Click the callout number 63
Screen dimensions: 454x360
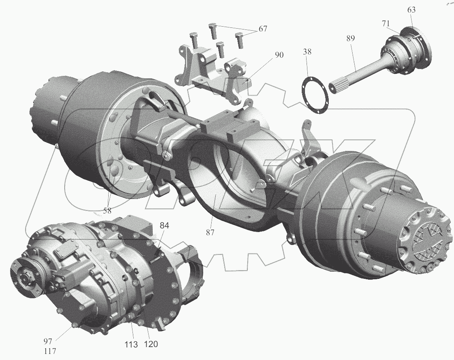coord(411,10)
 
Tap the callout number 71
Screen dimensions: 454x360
coord(385,23)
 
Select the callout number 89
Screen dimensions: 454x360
coord(350,38)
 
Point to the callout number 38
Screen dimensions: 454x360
coord(307,52)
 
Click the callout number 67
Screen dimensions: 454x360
coord(263,29)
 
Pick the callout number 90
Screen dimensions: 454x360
coord(279,55)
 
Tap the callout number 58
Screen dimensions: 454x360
coord(107,211)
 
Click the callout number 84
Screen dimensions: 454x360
coord(164,226)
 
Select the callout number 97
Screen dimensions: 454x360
coord(48,341)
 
